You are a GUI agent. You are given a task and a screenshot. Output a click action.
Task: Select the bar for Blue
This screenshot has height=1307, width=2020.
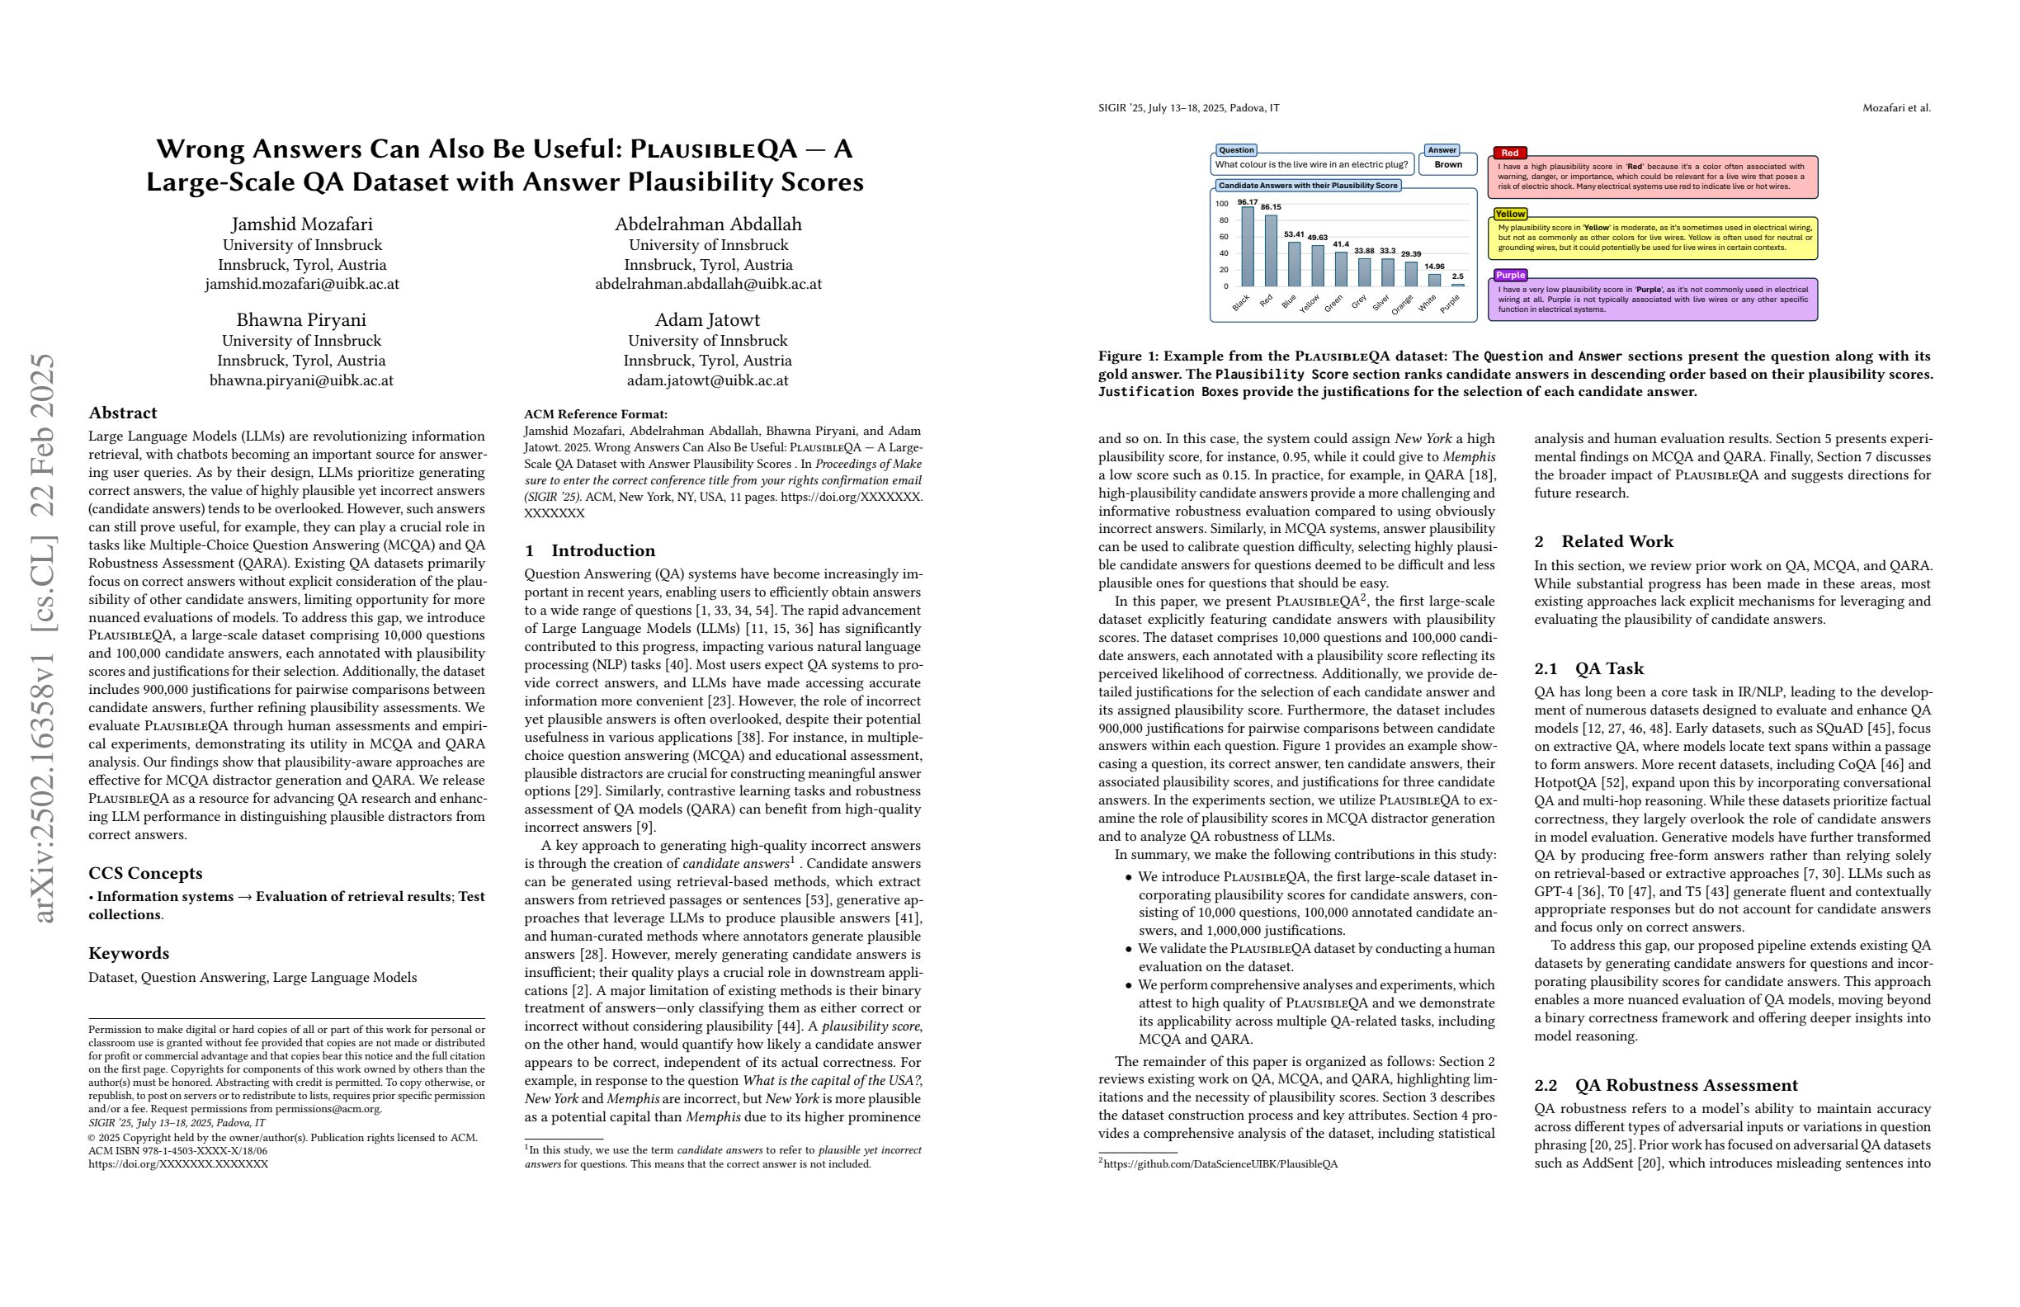pos(1294,264)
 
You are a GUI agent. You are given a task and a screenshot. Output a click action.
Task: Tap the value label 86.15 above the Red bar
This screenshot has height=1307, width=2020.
pos(1271,207)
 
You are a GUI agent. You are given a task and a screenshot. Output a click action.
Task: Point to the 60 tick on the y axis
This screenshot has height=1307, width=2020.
pos(1222,237)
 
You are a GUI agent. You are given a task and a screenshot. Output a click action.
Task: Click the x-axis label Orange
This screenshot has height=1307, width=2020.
pos(1402,304)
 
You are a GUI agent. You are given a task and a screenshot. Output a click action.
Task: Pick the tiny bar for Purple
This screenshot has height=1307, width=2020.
pos(1457,285)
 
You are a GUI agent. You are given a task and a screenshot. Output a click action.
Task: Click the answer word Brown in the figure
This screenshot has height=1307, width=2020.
pos(1448,165)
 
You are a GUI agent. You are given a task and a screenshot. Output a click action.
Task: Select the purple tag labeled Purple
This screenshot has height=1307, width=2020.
pos(1510,275)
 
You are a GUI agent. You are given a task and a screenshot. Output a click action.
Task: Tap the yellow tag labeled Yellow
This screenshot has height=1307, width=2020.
pos(1510,214)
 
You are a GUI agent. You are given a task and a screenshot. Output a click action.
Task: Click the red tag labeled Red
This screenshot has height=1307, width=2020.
pos(1510,153)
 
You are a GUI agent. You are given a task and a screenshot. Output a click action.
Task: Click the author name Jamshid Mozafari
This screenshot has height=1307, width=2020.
pos(301,224)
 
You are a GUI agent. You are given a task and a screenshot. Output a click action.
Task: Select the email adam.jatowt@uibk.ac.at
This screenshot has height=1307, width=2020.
pos(707,380)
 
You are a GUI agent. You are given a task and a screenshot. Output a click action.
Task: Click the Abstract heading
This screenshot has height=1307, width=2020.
pos(122,413)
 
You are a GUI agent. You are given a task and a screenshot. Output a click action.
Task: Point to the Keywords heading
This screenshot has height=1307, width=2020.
pos(128,953)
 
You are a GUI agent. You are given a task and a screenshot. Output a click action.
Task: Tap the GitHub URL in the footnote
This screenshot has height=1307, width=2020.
pos(1220,1163)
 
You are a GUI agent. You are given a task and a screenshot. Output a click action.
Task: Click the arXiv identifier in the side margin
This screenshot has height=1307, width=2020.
pos(43,636)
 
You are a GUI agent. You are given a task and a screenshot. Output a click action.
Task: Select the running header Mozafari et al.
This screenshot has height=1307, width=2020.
pos(1896,108)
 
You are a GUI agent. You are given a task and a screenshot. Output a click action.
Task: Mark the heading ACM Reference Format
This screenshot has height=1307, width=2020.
pos(595,414)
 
